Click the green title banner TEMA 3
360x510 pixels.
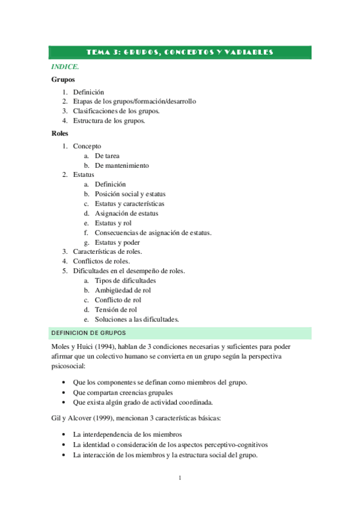(180, 52)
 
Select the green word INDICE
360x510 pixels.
(64, 67)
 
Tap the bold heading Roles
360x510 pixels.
(60, 134)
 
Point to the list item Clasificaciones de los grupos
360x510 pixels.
(116, 111)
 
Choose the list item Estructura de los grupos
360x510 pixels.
(109, 120)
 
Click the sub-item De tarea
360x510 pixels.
(107, 156)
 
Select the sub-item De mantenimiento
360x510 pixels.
(121, 165)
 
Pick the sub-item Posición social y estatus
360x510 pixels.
(130, 194)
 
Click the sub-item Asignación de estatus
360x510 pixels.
(126, 214)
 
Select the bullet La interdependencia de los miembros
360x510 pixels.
(127, 434)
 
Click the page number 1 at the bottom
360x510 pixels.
(180, 478)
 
